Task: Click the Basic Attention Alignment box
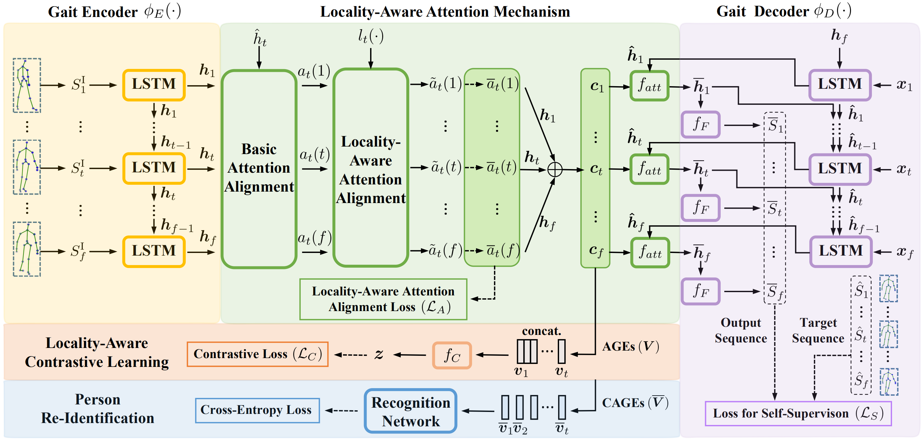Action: point(259,169)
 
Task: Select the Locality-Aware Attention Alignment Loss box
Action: point(383,299)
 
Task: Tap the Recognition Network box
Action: point(410,411)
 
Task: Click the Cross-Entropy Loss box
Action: point(257,410)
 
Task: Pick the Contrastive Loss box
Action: point(257,354)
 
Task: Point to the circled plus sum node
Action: point(554,169)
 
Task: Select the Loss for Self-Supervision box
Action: point(798,414)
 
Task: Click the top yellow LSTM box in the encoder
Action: point(154,85)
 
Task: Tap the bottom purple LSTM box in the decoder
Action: point(840,251)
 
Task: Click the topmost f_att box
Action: point(649,86)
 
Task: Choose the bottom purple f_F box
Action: point(700,291)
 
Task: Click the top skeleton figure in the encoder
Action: point(27,86)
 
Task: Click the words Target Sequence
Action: point(818,330)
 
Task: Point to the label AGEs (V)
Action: point(630,346)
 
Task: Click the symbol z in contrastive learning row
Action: point(379,354)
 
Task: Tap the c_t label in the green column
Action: point(596,169)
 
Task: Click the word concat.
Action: point(541,331)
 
